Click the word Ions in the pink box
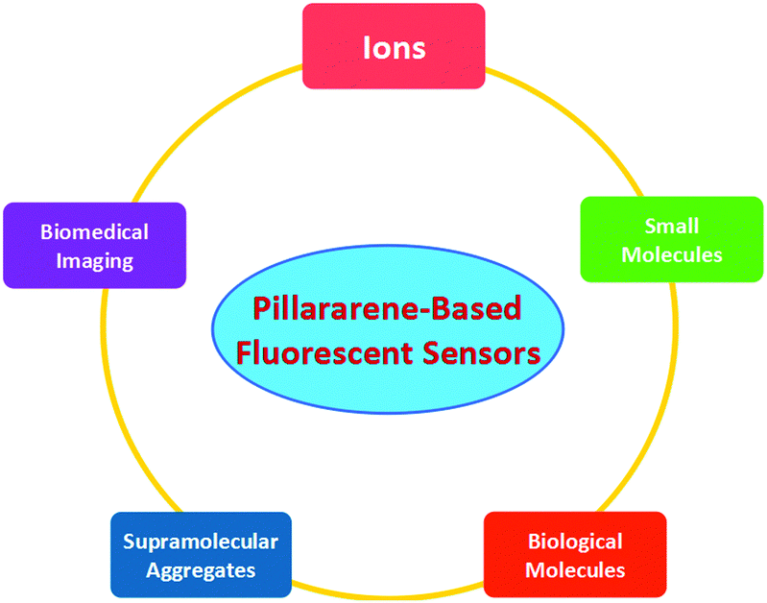395,48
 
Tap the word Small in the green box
672,227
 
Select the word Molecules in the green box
672,255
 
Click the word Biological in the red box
575,543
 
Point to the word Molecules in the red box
575,570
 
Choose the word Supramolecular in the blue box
201,543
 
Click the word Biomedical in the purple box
94,232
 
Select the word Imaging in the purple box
94,261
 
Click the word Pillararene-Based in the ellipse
387,309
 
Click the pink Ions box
394,46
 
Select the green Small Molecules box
672,239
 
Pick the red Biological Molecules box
575,555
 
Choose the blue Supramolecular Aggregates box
201,555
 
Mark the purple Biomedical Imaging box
94,245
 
